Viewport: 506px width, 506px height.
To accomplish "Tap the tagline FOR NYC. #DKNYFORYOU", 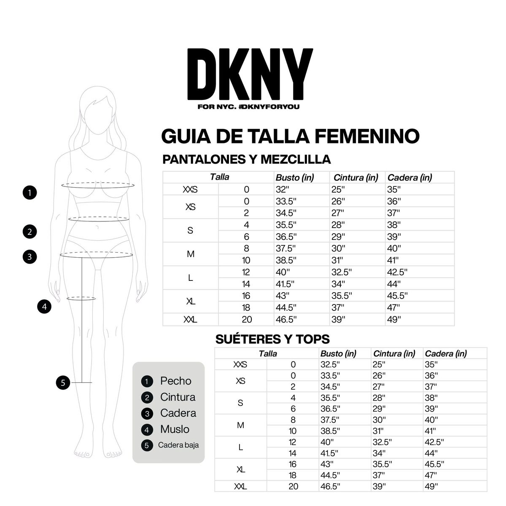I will [x=248, y=107].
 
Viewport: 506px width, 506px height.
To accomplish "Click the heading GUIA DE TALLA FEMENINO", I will [x=291, y=136].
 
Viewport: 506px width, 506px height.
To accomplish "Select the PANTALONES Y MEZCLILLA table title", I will [x=247, y=159].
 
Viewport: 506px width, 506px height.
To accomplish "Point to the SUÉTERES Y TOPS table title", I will [x=272, y=339].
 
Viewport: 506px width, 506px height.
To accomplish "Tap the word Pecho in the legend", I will [x=175, y=381].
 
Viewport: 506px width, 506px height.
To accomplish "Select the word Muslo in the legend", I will [x=175, y=429].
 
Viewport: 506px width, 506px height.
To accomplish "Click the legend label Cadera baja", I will [x=178, y=445].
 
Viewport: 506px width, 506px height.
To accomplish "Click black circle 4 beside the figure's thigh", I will [x=44, y=307].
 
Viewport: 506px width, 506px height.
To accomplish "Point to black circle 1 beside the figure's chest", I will [x=30, y=193].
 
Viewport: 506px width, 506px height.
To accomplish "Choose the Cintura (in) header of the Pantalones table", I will [x=355, y=178].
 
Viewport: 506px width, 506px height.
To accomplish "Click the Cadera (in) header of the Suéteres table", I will [x=446, y=354].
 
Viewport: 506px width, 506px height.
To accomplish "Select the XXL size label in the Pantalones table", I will [x=191, y=320].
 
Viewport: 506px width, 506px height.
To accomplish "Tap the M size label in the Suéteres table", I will [x=240, y=425].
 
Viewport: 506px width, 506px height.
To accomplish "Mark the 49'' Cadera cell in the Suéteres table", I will [x=431, y=486].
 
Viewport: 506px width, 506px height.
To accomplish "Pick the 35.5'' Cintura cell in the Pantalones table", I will [x=341, y=296].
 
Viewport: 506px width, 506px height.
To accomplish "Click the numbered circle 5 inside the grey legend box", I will [x=147, y=445].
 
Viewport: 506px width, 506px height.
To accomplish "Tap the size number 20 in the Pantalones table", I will [x=247, y=320].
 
